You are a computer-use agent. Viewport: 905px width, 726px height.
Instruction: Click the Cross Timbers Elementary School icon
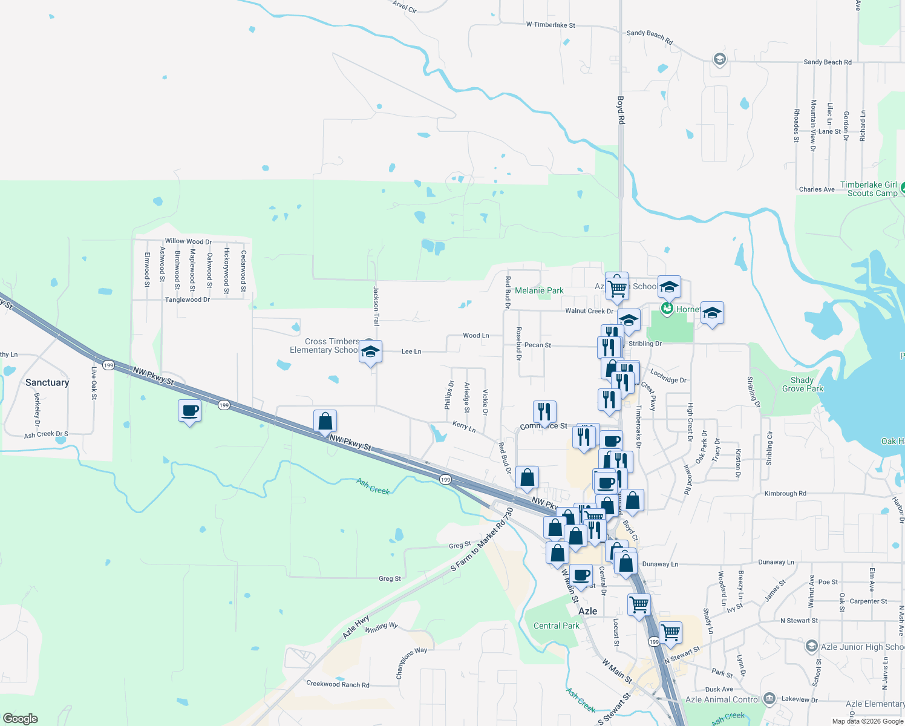click(x=370, y=352)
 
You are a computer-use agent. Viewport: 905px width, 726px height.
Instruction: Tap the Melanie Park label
click(x=539, y=291)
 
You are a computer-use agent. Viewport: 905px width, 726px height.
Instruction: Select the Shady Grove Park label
click(x=802, y=385)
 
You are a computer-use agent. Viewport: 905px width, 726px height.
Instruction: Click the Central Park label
click(x=556, y=626)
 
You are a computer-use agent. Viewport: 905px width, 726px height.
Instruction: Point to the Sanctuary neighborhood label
click(x=47, y=383)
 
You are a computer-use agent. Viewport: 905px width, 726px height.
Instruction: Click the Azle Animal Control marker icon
click(x=769, y=699)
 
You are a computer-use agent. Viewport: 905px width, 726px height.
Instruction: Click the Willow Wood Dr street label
click(x=188, y=241)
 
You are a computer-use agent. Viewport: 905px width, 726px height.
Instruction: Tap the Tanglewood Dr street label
click(x=188, y=300)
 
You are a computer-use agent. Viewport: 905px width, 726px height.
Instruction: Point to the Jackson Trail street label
click(x=376, y=306)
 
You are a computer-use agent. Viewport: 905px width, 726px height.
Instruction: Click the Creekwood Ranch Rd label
click(x=338, y=684)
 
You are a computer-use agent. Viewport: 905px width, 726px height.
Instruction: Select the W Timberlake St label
click(x=551, y=25)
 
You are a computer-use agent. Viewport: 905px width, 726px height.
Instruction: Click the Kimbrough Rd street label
click(x=785, y=494)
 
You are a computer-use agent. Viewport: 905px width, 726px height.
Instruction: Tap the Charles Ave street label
click(x=817, y=189)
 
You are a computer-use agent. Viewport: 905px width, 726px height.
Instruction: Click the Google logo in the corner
click(x=21, y=719)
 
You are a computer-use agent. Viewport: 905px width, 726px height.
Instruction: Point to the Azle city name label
click(x=587, y=612)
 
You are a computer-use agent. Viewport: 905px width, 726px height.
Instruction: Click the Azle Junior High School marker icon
click(x=812, y=647)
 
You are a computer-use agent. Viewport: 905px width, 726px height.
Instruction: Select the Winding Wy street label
click(x=381, y=627)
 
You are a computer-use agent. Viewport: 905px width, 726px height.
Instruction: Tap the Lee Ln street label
click(x=411, y=352)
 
